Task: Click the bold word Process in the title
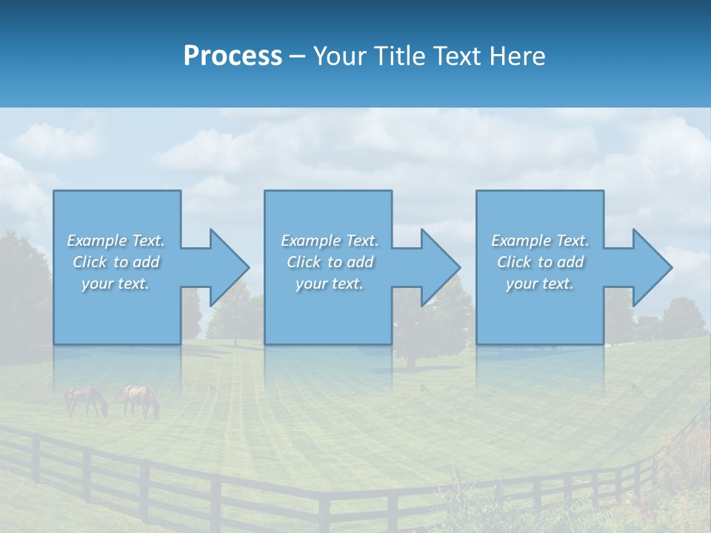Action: pos(233,56)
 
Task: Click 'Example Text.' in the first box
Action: pos(116,241)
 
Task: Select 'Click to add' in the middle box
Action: pos(330,262)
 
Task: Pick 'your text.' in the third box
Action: pos(540,284)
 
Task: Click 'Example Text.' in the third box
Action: pos(540,241)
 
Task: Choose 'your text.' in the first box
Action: pos(116,284)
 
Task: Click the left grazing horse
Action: pos(85,400)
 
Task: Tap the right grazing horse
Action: pos(141,400)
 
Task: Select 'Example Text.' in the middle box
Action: pos(330,241)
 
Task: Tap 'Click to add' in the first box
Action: pos(116,262)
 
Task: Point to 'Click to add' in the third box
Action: pos(540,262)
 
